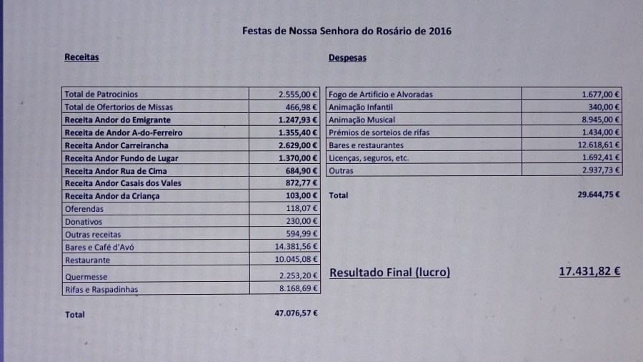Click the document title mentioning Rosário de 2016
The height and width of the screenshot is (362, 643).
click(347, 31)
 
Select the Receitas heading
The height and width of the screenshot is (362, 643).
click(81, 57)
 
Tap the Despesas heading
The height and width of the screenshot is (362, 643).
click(347, 58)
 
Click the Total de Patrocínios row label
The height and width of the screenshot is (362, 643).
click(101, 94)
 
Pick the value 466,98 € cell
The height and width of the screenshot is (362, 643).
click(299, 107)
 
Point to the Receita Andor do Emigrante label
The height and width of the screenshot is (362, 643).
click(117, 119)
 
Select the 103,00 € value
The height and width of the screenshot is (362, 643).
click(303, 196)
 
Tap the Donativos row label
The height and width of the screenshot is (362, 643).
click(84, 222)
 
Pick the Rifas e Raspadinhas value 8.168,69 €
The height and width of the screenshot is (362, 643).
click(298, 289)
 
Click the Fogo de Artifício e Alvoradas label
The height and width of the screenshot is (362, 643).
click(380, 94)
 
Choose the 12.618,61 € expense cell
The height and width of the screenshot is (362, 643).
click(595, 145)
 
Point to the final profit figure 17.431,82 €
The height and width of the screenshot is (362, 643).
click(589, 272)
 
